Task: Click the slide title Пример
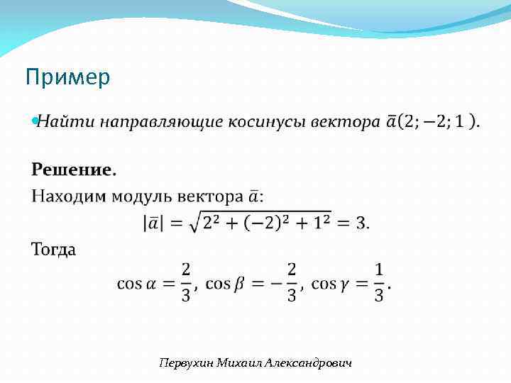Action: (67, 77)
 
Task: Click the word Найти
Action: (65, 122)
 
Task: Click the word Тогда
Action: (54, 250)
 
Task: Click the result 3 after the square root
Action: (361, 223)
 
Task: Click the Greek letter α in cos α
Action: (150, 284)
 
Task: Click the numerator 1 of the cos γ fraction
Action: (379, 270)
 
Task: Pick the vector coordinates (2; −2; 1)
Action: (437, 122)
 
